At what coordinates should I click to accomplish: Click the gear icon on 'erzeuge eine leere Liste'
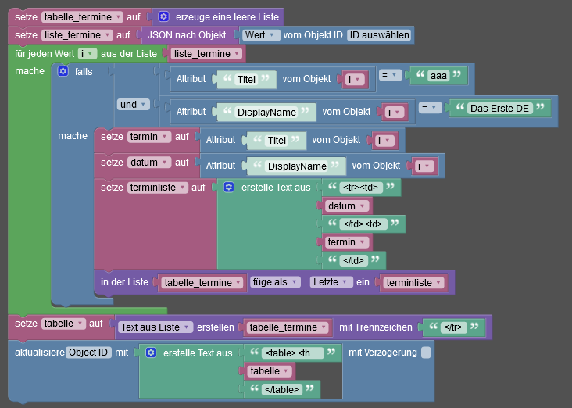coord(164,16)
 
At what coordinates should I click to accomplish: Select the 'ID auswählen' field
coord(380,35)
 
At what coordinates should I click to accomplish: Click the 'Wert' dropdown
coord(259,35)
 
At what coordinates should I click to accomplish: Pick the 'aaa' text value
coord(438,76)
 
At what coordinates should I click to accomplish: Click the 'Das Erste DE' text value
coord(499,109)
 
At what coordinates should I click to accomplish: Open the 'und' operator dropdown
coord(133,105)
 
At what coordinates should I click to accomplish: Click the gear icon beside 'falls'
coord(63,71)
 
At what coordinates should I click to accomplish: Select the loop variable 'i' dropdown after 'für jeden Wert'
coord(88,54)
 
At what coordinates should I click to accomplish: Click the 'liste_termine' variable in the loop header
coord(206,54)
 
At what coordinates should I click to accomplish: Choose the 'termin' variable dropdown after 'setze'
coord(148,137)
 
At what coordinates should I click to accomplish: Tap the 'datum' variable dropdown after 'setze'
coord(148,163)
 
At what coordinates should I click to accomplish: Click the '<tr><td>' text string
coord(360,188)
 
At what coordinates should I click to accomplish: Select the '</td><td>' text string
coord(363,224)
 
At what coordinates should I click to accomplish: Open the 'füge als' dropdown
coord(275,282)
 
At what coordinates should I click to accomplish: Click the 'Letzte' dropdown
coord(331,282)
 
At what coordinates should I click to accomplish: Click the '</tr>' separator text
coord(453,327)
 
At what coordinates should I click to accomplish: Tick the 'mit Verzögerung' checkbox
coord(426,353)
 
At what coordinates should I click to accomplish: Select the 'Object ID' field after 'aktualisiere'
coord(88,353)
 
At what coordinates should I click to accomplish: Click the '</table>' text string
coord(282,390)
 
